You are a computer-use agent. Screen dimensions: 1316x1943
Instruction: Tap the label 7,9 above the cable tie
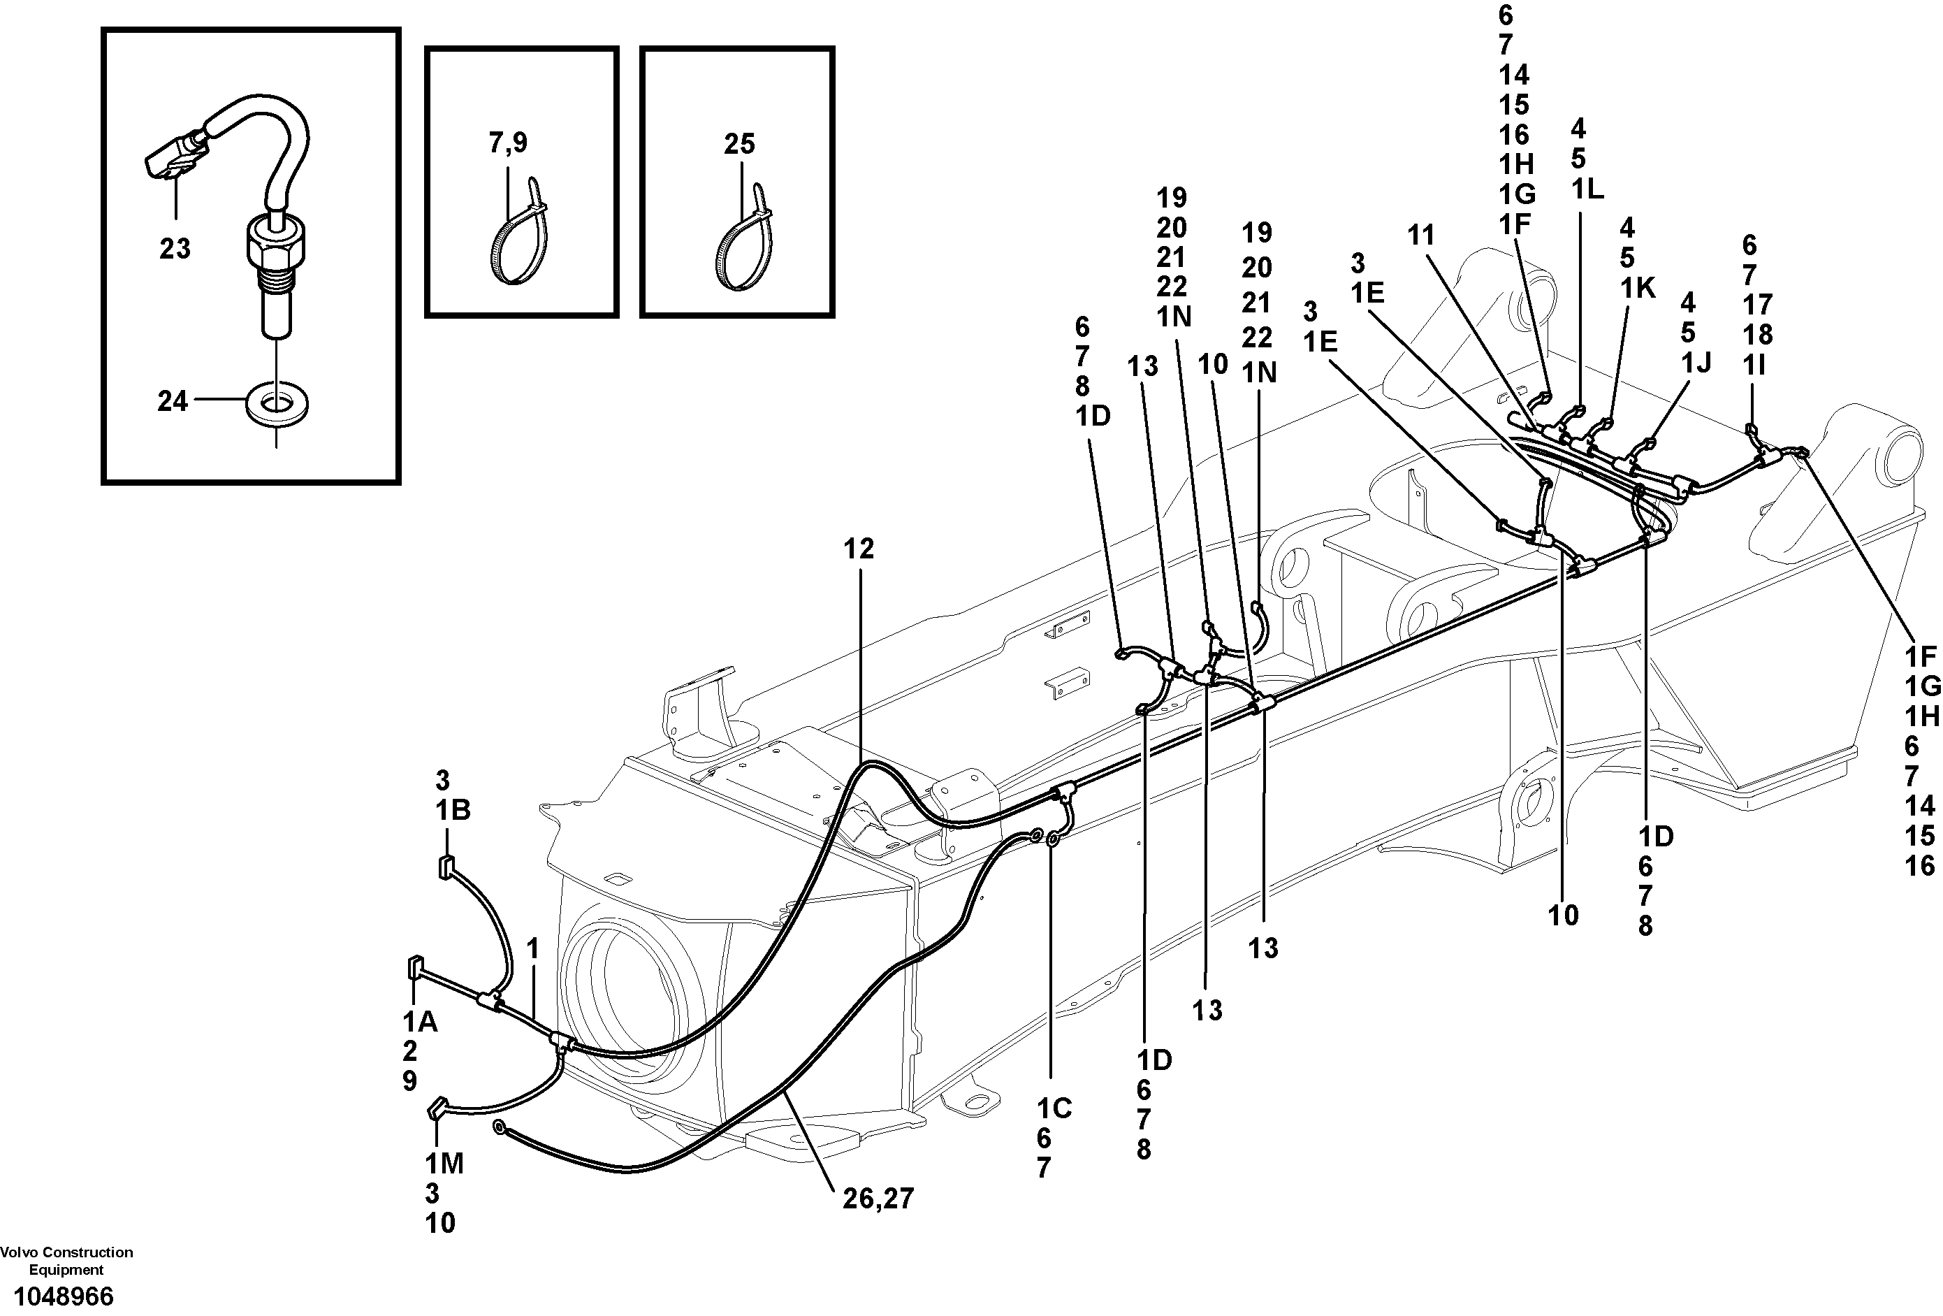pyautogui.click(x=509, y=143)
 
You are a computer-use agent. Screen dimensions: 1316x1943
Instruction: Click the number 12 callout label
pyautogui.click(x=858, y=549)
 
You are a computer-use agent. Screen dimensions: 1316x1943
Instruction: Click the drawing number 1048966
pyautogui.click(x=64, y=1296)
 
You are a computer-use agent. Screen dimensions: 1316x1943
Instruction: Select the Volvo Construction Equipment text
pyautogui.click(x=66, y=1260)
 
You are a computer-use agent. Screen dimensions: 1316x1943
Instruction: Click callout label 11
pyautogui.click(x=1420, y=236)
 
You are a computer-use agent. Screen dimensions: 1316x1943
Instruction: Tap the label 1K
pyautogui.click(x=1638, y=288)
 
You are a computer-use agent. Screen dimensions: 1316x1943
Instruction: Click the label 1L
pyautogui.click(x=1587, y=190)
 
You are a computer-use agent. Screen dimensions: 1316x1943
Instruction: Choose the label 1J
pyautogui.click(x=1696, y=362)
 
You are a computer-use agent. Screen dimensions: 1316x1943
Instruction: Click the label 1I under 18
pyautogui.click(x=1753, y=365)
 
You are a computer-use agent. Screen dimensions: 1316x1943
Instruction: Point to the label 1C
pyautogui.click(x=1054, y=1108)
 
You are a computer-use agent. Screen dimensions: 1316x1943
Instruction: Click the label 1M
pyautogui.click(x=444, y=1163)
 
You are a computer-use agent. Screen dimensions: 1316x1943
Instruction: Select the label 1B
pyautogui.click(x=452, y=810)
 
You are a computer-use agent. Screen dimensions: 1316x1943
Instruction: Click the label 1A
pyautogui.click(x=420, y=1021)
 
